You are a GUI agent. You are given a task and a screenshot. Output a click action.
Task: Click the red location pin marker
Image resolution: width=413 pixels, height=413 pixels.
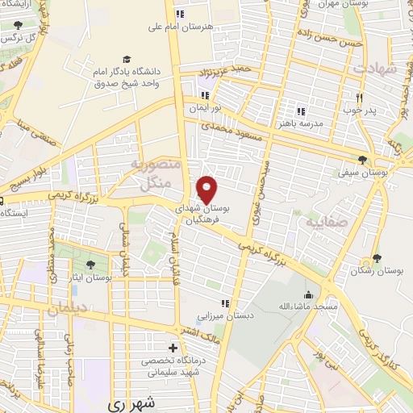tap(208, 190)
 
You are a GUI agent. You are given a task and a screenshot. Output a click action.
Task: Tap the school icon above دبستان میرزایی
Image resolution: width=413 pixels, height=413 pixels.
tap(226, 303)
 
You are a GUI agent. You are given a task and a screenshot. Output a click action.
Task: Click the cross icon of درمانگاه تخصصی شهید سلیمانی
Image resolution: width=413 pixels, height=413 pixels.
tap(172, 347)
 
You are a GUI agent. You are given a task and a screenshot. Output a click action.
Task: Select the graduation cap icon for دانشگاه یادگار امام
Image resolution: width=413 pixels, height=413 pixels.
tap(126, 59)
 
